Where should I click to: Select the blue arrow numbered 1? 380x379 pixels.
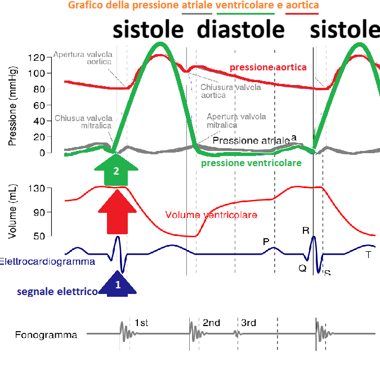tap(118, 283)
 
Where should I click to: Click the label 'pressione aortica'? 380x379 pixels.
tap(267, 68)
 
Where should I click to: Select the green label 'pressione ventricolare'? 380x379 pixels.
tap(251, 162)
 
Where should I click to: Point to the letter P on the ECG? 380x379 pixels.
tap(266, 242)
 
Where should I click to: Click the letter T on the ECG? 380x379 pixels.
tap(368, 254)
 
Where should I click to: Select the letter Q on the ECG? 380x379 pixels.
tap(302, 268)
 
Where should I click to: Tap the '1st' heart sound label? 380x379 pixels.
tap(141, 323)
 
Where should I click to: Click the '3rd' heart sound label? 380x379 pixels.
tap(248, 323)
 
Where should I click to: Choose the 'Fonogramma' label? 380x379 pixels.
tap(46, 335)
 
